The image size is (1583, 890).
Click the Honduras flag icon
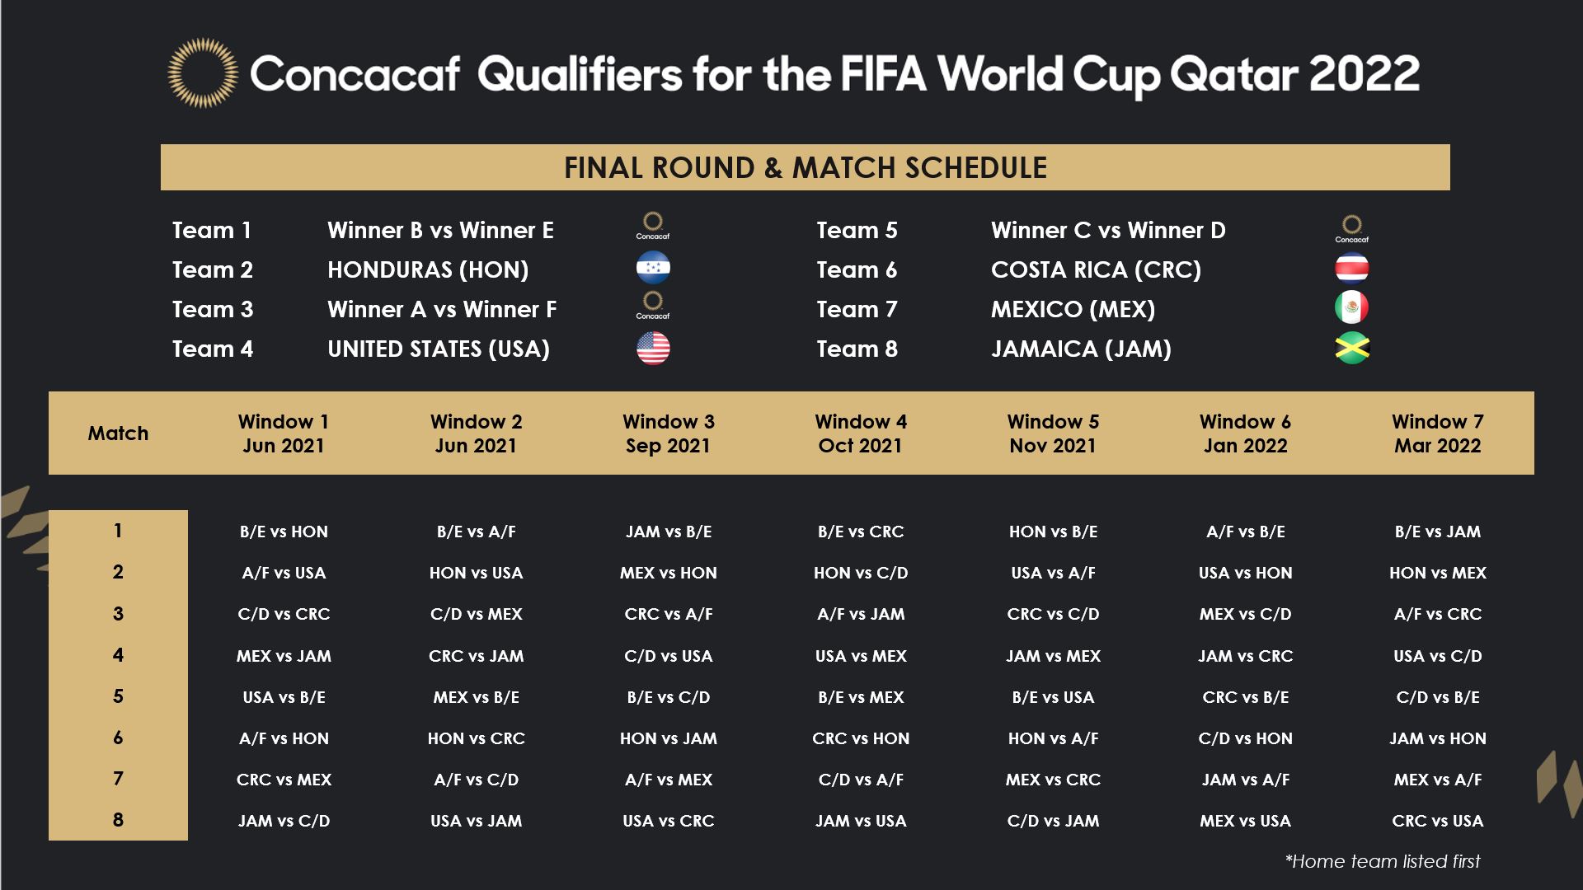pyautogui.click(x=653, y=268)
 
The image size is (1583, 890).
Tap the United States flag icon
pyautogui.click(x=653, y=349)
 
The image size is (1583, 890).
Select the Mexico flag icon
pyautogui.click(x=1351, y=307)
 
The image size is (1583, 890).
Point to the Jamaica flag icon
pyautogui.click(x=1351, y=349)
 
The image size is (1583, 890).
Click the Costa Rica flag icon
pyautogui.click(x=1351, y=268)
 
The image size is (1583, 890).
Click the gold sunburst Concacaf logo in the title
pyautogui.click(x=203, y=73)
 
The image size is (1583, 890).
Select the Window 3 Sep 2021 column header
pyautogui.click(x=668, y=433)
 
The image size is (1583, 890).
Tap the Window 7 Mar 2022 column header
pyautogui.click(x=1437, y=433)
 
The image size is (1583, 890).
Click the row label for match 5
pyautogui.click(x=118, y=696)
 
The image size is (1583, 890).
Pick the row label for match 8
pyautogui.click(x=118, y=820)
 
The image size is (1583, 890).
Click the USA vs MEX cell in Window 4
pyautogui.click(x=861, y=656)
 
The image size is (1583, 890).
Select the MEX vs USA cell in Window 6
pyautogui.click(x=1245, y=821)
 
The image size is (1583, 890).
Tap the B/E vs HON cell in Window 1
pyautogui.click(x=284, y=532)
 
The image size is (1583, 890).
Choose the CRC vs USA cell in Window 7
pyautogui.click(x=1437, y=821)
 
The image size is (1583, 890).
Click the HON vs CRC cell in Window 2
pyautogui.click(x=476, y=738)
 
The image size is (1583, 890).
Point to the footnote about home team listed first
pyautogui.click(x=1383, y=861)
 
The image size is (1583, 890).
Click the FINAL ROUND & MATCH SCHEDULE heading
pyautogui.click(x=806, y=167)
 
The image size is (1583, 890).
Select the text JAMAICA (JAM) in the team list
pyautogui.click(x=1081, y=349)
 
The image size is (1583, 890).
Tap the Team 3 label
pyautogui.click(x=213, y=309)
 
